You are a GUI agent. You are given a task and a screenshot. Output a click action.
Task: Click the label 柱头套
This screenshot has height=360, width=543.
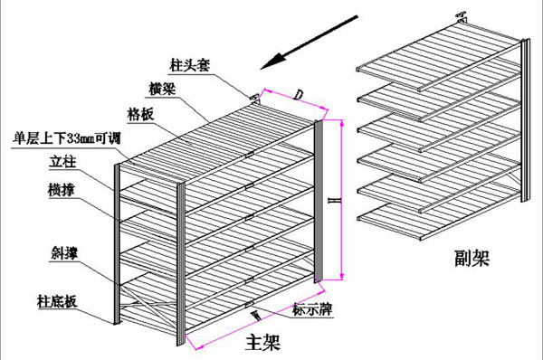coord(186,65)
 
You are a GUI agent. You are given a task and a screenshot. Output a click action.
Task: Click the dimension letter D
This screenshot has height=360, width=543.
coord(298,94)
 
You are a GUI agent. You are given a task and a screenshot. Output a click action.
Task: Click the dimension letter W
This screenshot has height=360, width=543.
coord(255,316)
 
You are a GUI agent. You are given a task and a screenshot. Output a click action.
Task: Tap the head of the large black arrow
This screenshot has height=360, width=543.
coord(262,65)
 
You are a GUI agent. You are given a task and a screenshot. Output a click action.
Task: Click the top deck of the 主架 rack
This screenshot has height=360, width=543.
coord(217,136)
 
